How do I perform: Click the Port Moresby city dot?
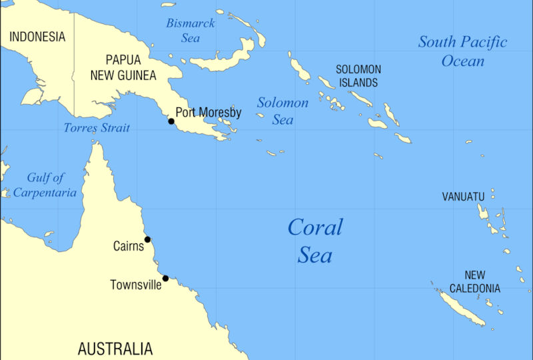click(171, 121)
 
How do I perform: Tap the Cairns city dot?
click(147, 239)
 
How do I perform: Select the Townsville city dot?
click(165, 279)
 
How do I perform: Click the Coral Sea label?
click(314, 241)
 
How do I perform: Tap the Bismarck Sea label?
click(191, 31)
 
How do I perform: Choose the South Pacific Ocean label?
click(462, 51)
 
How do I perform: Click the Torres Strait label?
click(97, 128)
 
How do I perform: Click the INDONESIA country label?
click(37, 37)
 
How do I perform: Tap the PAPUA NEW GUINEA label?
click(123, 67)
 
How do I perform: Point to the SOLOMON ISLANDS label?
click(358, 76)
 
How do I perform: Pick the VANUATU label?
click(463, 197)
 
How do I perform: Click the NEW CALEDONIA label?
click(474, 282)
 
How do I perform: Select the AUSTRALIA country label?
click(115, 349)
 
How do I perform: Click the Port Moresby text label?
click(208, 113)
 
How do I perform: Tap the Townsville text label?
click(135, 285)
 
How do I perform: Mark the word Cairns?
click(128, 247)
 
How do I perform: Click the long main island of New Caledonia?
click(460, 307)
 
